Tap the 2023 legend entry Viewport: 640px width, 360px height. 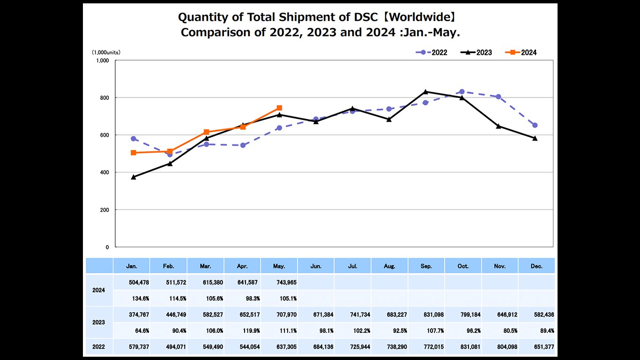click(476, 52)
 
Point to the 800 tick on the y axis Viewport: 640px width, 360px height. click(104, 97)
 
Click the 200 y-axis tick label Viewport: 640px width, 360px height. click(104, 210)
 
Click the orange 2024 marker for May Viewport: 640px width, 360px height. click(279, 108)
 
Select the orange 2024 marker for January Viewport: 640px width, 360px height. click(134, 153)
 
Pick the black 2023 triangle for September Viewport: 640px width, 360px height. click(425, 91)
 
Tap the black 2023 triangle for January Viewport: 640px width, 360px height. click(134, 177)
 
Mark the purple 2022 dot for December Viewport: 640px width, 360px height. click(535, 125)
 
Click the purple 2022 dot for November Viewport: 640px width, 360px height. click(499, 97)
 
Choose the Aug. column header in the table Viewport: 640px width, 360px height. click(389, 266)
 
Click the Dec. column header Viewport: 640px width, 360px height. click(536, 266)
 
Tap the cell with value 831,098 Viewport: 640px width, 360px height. click(426, 314)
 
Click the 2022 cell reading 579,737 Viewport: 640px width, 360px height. click(132, 347)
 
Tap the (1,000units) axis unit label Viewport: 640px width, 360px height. click(105, 52)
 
